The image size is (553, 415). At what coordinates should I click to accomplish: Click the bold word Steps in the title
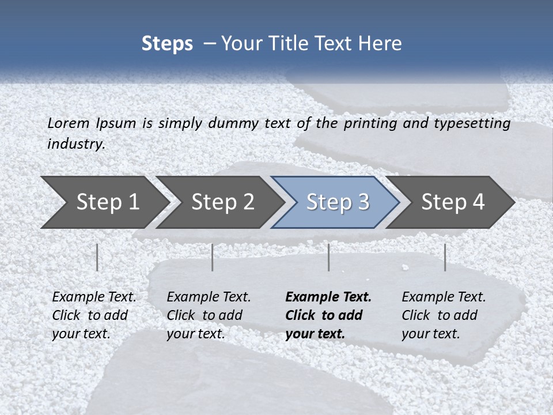pyautogui.click(x=167, y=44)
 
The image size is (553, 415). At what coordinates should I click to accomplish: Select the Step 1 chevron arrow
pyautogui.click(x=104, y=202)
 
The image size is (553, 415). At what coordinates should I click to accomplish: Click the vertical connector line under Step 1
pyautogui.click(x=97, y=257)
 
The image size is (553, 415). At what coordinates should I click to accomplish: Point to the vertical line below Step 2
pyautogui.click(x=213, y=257)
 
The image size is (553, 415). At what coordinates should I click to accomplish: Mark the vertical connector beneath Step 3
pyautogui.click(x=329, y=257)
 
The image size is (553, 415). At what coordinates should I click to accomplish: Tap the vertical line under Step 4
pyautogui.click(x=445, y=257)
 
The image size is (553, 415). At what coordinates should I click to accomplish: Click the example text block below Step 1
pyautogui.click(x=94, y=315)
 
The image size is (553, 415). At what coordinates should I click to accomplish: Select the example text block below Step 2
pyautogui.click(x=209, y=315)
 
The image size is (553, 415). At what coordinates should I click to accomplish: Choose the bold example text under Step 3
pyautogui.click(x=328, y=315)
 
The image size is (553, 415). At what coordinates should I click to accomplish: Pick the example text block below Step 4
pyautogui.click(x=444, y=315)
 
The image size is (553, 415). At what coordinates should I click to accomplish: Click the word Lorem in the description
pyautogui.click(x=69, y=123)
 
